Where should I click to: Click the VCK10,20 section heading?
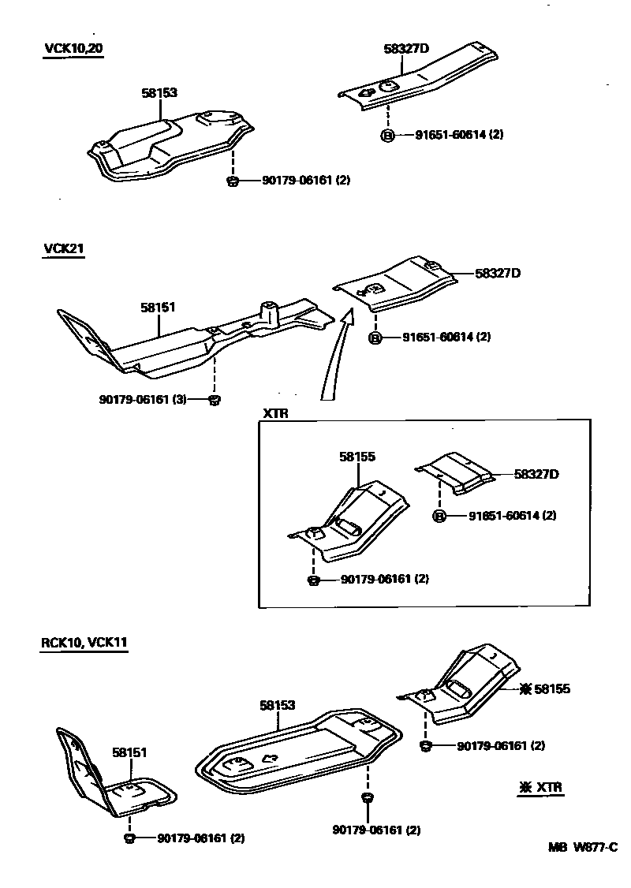pyautogui.click(x=73, y=48)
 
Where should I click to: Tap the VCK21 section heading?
pyautogui.click(x=64, y=248)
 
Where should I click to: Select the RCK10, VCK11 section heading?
pyautogui.click(x=84, y=642)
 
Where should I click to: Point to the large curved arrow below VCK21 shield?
pyautogui.click(x=333, y=356)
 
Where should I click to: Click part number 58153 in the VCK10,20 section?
pyautogui.click(x=159, y=93)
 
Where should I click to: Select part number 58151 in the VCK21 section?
pyautogui.click(x=159, y=307)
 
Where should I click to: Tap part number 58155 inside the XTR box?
pyautogui.click(x=357, y=457)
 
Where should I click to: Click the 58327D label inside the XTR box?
pyautogui.click(x=536, y=474)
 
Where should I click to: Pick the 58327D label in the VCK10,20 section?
pyautogui.click(x=406, y=49)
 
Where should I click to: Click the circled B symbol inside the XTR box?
pyautogui.click(x=440, y=517)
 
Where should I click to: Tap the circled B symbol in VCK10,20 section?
pyautogui.click(x=388, y=135)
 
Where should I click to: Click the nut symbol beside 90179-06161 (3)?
pyautogui.click(x=213, y=401)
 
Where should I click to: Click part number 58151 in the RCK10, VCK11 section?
pyautogui.click(x=129, y=753)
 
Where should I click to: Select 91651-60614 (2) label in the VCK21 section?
pyautogui.click(x=446, y=337)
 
